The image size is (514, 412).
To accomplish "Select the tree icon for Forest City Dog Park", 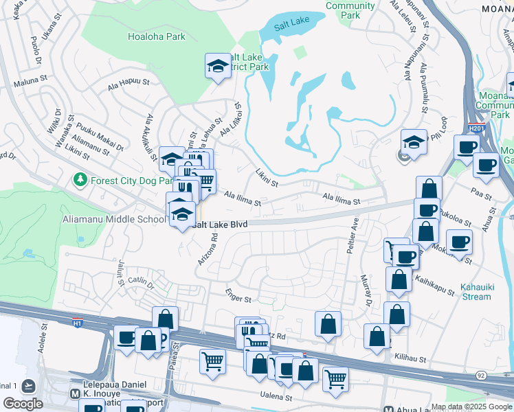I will (80, 180).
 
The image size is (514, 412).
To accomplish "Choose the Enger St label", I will (239, 295).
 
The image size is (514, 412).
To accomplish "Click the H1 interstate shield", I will (78, 321).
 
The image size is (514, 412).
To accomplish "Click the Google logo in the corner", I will (23, 404).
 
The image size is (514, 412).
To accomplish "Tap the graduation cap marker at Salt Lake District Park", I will (217, 67).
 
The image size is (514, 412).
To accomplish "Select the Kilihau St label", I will (411, 358).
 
